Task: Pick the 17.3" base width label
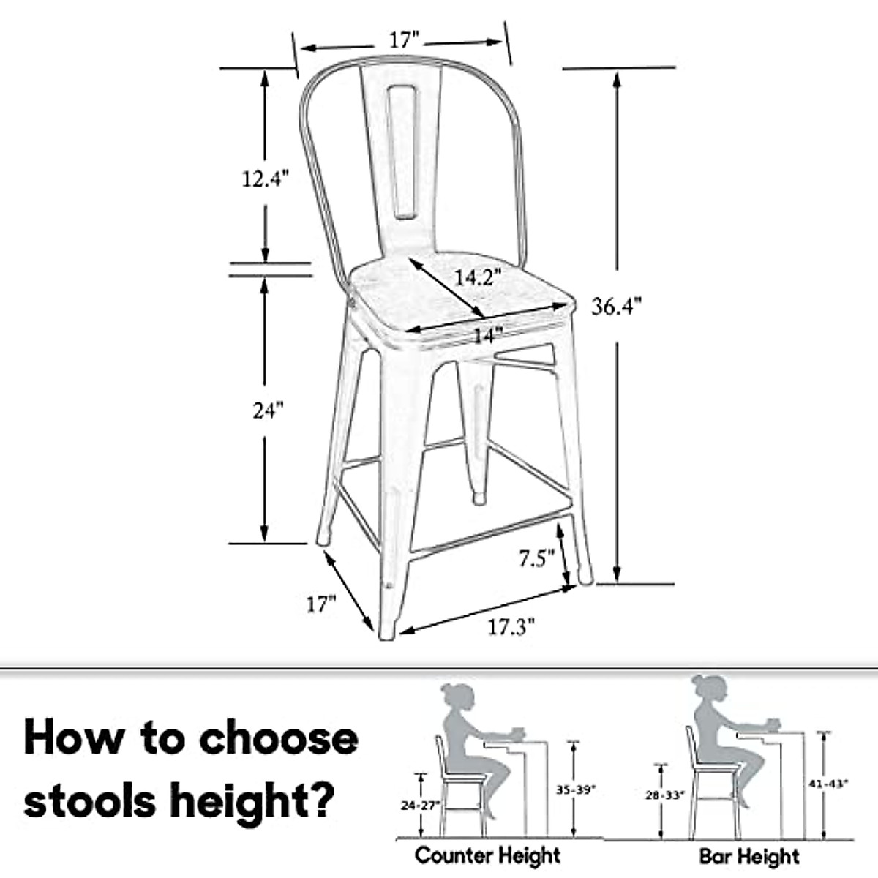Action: pyautogui.click(x=511, y=627)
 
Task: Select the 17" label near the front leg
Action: pyautogui.click(x=320, y=604)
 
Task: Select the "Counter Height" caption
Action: pyautogui.click(x=487, y=855)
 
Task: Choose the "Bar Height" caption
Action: pyautogui.click(x=749, y=855)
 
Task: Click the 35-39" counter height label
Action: pyautogui.click(x=576, y=789)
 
